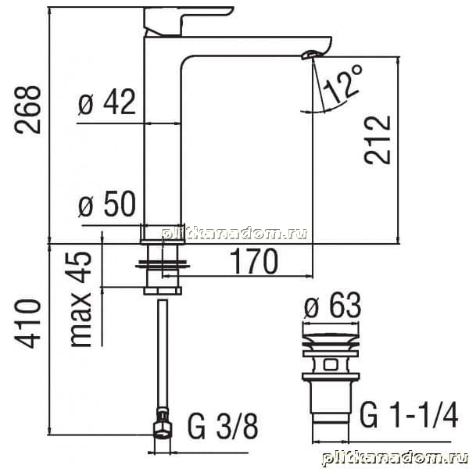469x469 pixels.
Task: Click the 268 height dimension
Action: coord(27,109)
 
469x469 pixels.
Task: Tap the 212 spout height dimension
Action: coord(378,140)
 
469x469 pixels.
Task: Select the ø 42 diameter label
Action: coord(107,102)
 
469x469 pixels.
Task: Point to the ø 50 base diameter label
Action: coord(107,204)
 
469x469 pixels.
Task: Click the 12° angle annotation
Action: coord(343,84)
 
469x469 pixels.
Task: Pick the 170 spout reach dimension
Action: coord(254,260)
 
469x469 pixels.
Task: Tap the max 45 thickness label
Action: coord(81,299)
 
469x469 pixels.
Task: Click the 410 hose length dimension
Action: coord(27,324)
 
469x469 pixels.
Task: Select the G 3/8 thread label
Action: coord(223,426)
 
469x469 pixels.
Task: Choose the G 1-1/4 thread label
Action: coord(409,415)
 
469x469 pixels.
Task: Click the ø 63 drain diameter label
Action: coord(333,306)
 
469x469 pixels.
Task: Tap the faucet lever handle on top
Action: coord(188,20)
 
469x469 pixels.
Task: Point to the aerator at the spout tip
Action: coord(312,55)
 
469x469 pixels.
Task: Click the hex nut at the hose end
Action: coord(163,431)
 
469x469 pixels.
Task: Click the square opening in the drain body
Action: coord(331,364)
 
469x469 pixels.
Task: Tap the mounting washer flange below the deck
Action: coord(163,264)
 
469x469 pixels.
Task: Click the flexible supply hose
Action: coord(163,353)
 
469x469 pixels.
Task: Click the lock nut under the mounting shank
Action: coord(163,291)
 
